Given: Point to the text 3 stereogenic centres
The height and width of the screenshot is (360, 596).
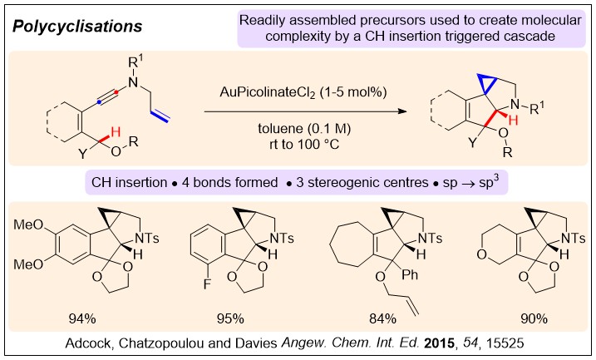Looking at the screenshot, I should coord(379,180).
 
